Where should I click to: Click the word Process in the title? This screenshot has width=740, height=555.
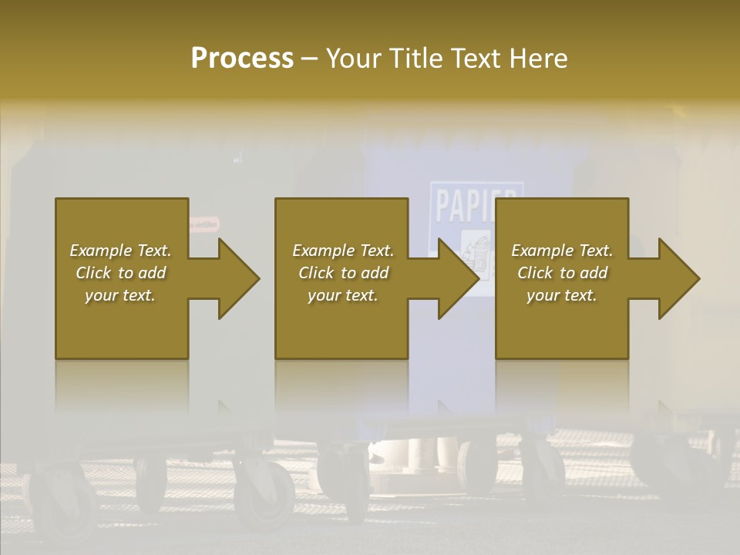point(242,58)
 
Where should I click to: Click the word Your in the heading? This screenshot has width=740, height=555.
point(355,58)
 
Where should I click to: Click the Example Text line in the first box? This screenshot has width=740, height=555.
point(121,251)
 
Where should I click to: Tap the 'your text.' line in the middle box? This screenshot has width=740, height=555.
point(343,295)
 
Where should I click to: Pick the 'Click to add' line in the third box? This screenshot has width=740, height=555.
point(563,273)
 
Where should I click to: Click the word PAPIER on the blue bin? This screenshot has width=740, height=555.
point(476,203)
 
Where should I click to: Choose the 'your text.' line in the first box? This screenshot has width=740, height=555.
point(121,295)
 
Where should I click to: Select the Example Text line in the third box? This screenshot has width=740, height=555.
point(563,251)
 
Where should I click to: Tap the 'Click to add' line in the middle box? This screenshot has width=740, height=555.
point(343,273)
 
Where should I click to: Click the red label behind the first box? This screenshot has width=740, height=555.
point(203,224)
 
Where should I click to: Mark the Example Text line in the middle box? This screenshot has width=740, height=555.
point(343,251)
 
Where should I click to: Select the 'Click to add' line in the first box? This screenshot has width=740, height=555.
point(121,273)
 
